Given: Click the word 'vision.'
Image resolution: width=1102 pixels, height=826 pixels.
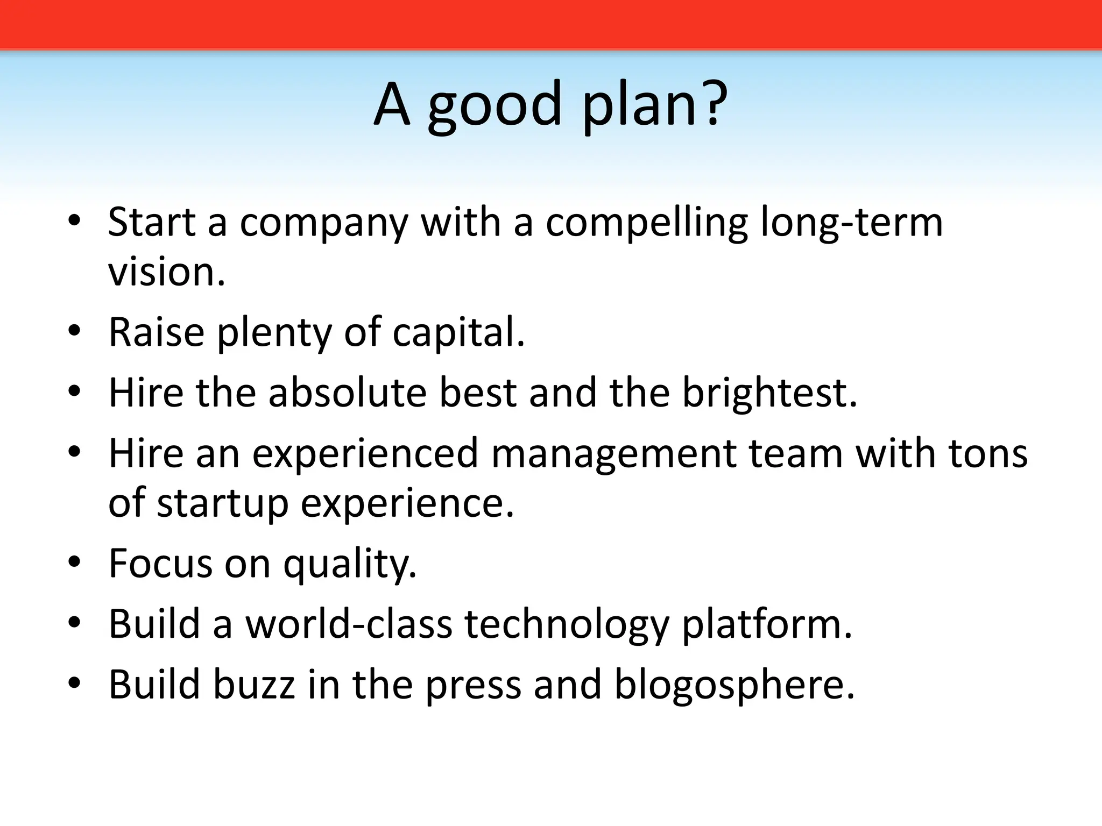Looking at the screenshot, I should click(x=166, y=272).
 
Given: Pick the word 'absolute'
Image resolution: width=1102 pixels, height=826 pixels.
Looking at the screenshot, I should click(x=347, y=393).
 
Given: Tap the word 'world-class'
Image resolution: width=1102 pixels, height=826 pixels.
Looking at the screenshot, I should click(x=349, y=624).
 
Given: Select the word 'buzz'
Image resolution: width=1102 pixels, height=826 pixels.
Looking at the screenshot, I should click(x=255, y=684).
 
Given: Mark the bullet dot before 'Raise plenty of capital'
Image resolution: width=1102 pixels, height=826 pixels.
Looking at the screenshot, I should click(x=74, y=330).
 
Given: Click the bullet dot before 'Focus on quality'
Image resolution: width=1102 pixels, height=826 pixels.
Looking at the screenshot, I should click(x=74, y=561).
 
